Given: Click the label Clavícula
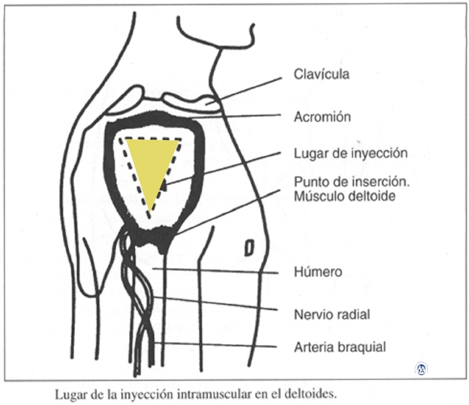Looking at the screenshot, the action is coord(322,74).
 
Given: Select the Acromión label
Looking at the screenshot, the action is coord(322,117).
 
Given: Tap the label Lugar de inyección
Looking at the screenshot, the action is coord(350,153).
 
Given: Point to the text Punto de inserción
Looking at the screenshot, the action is coord(349,182).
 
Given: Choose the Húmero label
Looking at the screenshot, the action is coord(318,272).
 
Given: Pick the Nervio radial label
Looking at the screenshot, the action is coord(331,315).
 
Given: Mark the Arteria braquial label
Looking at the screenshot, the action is coord(339,346).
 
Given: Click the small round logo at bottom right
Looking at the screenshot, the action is coord(421,368).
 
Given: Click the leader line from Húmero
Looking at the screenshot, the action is coord(219,270).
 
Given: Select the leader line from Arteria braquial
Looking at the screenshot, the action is coord(219,345).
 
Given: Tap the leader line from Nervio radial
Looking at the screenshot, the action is coord(219,305).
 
